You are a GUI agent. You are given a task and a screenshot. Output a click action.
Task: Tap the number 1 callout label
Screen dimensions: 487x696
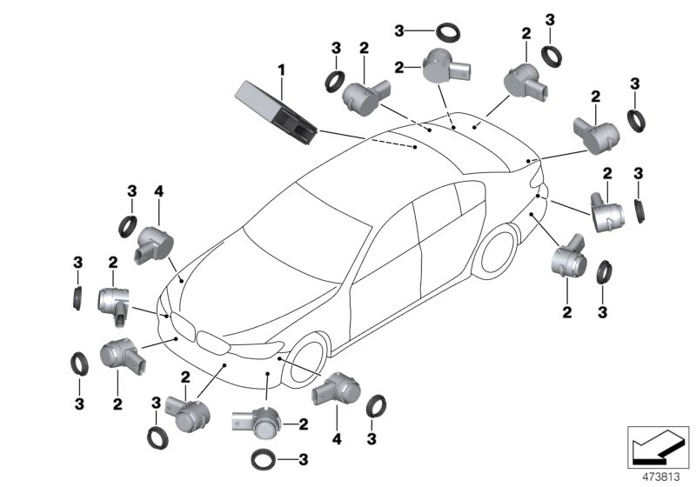point(281,68)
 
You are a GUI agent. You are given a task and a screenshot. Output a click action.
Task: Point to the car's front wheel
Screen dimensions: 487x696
point(305,356)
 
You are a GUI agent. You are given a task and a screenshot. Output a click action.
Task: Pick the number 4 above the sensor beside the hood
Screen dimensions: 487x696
point(159,191)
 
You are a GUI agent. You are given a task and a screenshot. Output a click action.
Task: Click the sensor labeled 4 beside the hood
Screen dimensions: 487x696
point(153,241)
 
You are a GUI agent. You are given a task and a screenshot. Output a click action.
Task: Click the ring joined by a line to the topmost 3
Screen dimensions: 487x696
point(451,32)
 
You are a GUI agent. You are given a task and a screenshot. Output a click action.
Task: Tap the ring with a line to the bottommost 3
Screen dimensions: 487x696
point(264,458)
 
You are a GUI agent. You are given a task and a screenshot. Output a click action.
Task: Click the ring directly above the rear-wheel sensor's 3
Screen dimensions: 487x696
point(603,269)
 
